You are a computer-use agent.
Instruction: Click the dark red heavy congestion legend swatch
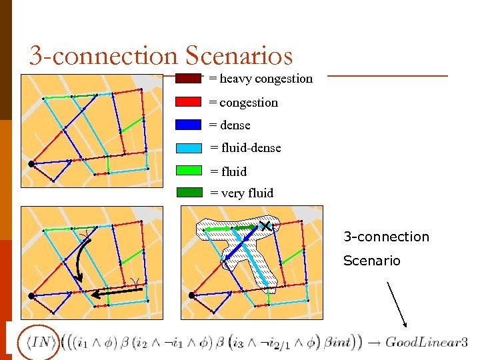[x=188, y=79]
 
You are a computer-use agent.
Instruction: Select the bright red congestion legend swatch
[x=188, y=102]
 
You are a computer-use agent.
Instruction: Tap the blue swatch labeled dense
[x=188, y=125]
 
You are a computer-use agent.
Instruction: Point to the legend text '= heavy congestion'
[x=261, y=79]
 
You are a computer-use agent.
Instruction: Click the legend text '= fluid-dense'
[x=245, y=148]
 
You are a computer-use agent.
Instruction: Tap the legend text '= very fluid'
[x=241, y=193]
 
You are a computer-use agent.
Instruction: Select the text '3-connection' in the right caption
[x=386, y=237]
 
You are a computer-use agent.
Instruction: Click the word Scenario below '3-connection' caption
[x=371, y=261]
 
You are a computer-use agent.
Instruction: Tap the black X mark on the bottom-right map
[x=266, y=227]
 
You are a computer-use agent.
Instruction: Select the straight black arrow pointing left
[x=113, y=292]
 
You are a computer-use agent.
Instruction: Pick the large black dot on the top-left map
[x=31, y=163]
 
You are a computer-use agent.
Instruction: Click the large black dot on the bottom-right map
[x=191, y=295]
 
